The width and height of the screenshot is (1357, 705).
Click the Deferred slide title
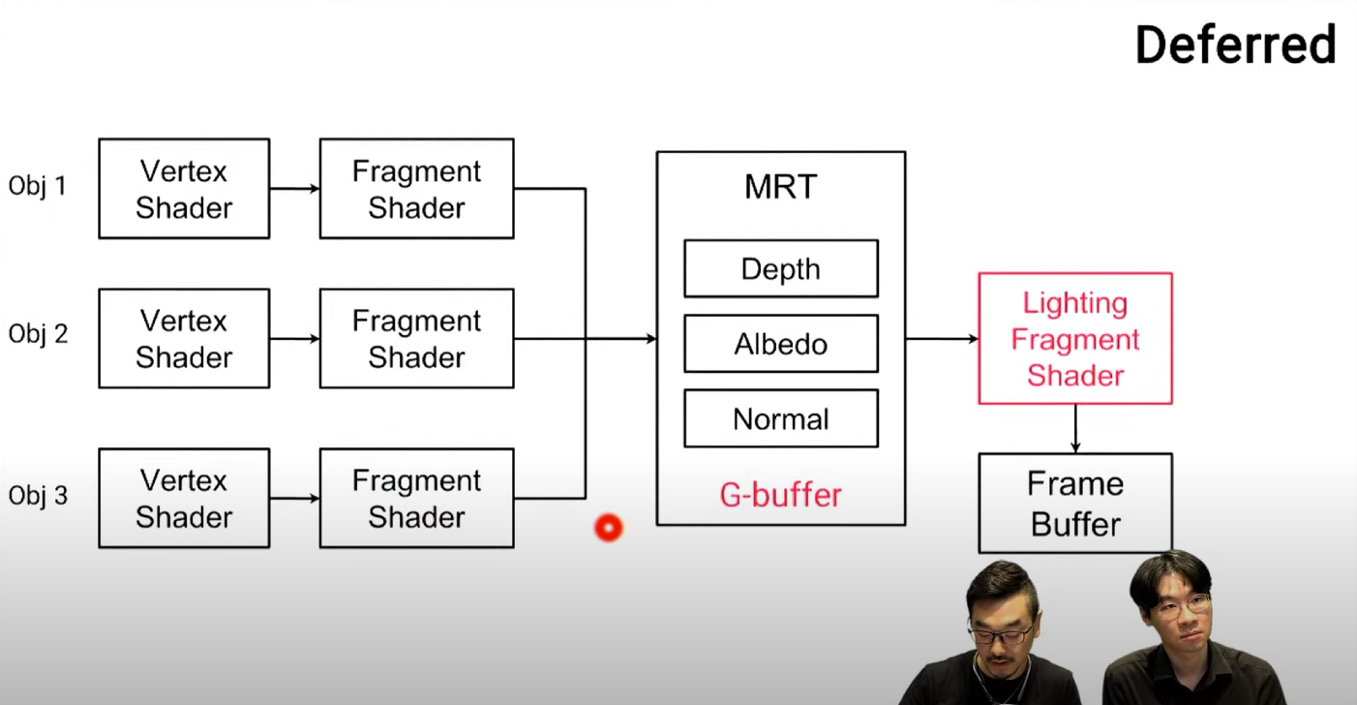pyautogui.click(x=1235, y=45)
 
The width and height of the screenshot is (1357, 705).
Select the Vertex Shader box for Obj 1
pyautogui.click(x=184, y=189)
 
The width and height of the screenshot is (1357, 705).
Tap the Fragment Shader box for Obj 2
pyautogui.click(x=416, y=339)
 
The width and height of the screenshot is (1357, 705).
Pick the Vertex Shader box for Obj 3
pyautogui.click(x=184, y=499)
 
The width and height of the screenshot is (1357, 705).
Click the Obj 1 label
pyautogui.click(x=38, y=185)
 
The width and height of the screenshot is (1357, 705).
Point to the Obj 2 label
pyautogui.click(x=38, y=335)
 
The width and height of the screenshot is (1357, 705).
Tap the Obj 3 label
pyautogui.click(x=38, y=496)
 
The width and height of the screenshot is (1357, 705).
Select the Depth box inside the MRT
pyautogui.click(x=780, y=269)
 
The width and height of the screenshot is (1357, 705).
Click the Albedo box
pyautogui.click(x=780, y=344)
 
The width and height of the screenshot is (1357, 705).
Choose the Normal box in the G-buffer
pyautogui.click(x=780, y=419)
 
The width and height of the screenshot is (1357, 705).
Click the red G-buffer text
pyautogui.click(x=780, y=495)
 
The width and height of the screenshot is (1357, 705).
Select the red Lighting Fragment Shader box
pyautogui.click(x=1074, y=339)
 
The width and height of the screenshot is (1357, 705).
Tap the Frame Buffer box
pyautogui.click(x=1074, y=504)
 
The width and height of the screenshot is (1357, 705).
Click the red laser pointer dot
pyautogui.click(x=608, y=528)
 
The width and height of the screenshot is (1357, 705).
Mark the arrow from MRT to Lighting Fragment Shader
pyautogui.click(x=942, y=339)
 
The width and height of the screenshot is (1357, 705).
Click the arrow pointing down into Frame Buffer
pyautogui.click(x=1074, y=429)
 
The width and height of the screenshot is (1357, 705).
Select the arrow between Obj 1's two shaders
pyautogui.click(x=294, y=189)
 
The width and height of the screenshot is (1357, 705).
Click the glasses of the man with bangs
pyautogui.click(x=1181, y=607)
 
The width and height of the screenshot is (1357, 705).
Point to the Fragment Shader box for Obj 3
pyautogui.click(x=416, y=499)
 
